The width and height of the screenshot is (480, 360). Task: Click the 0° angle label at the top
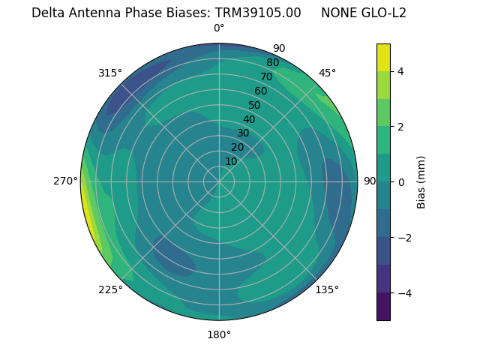point(219,28)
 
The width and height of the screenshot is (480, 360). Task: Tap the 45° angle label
point(327,73)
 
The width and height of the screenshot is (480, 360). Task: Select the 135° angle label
point(327,289)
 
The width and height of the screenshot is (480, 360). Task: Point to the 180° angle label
point(219,334)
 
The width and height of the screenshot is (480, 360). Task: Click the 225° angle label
point(110,289)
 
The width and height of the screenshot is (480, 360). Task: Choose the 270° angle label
point(65,181)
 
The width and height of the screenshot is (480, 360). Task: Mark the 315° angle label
point(110,73)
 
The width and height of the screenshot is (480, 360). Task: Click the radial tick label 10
point(231,161)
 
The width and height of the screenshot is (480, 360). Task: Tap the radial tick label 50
point(254,106)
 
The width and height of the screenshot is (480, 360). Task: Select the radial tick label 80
point(272,62)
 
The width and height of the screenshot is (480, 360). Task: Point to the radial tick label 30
point(243,133)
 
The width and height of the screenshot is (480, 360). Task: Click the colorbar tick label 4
point(400,71)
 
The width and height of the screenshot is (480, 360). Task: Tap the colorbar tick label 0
point(400,182)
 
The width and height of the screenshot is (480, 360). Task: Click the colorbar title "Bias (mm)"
point(421,182)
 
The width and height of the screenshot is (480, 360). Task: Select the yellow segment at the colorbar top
point(383,57)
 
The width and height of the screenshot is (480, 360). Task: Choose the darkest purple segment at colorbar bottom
point(383,307)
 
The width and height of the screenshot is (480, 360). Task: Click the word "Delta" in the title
point(47,13)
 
